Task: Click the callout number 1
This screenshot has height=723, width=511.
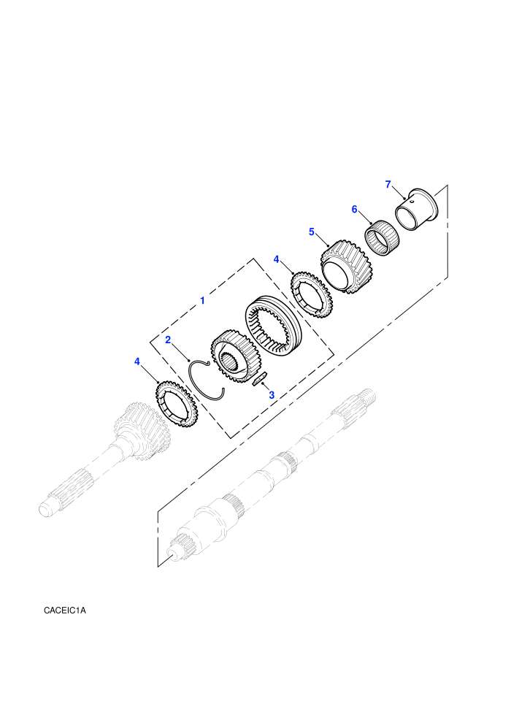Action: (201, 301)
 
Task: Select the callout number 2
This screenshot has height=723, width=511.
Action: (168, 340)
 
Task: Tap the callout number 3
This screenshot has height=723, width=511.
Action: (272, 395)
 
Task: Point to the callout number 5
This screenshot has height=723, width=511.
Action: (312, 232)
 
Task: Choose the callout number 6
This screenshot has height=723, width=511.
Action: (354, 210)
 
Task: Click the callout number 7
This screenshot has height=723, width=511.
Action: (388, 185)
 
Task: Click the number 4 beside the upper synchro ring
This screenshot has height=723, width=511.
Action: (277, 259)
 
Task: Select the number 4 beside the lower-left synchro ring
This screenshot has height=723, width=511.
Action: (137, 361)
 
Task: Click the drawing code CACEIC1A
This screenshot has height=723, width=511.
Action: (65, 611)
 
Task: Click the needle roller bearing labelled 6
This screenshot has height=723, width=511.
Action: (383, 238)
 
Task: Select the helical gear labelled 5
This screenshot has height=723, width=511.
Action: (347, 266)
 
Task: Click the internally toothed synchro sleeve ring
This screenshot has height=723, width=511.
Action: (272, 326)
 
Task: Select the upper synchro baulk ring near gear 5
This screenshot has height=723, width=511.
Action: (312, 294)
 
